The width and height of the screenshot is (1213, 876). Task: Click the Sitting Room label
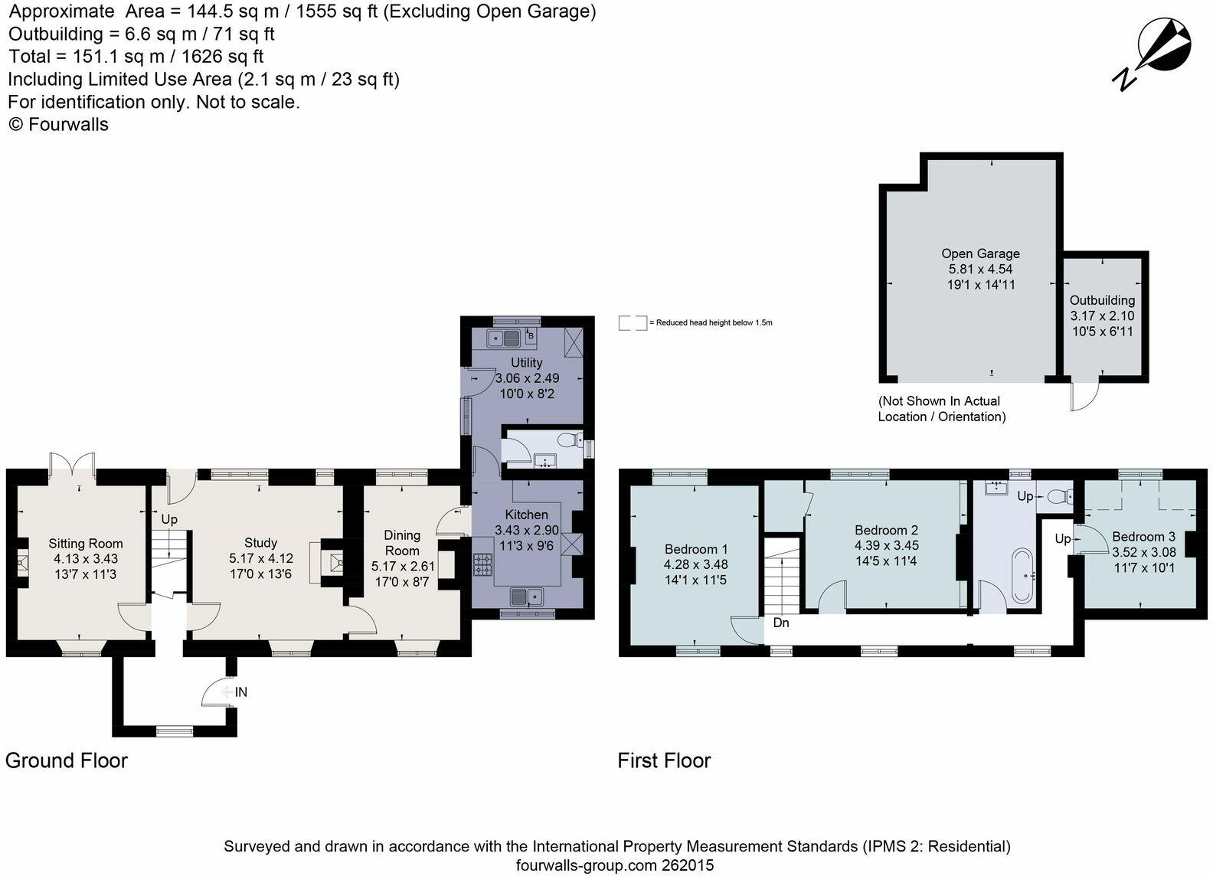point(86,544)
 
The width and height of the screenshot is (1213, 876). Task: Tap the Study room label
point(260,542)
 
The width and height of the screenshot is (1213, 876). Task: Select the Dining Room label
point(402,543)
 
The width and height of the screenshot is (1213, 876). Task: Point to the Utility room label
point(526,362)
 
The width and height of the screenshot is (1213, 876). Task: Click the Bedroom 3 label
point(1143,537)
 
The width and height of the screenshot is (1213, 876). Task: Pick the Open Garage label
point(981,253)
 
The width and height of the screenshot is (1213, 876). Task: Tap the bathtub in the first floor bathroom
point(1022,576)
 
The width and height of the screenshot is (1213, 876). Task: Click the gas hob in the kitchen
point(483,564)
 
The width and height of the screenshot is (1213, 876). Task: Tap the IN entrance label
point(241,692)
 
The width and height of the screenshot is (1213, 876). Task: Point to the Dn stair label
point(781,623)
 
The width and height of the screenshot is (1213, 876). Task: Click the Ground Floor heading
point(67,760)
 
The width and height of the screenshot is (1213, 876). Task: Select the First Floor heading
point(664,760)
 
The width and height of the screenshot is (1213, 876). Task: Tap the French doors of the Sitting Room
point(73,463)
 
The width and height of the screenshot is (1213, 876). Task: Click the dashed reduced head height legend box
point(633,322)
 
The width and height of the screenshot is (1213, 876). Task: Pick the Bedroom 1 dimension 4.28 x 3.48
point(696,564)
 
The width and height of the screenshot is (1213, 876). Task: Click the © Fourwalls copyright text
point(58,125)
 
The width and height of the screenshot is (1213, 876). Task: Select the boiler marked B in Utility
point(531,335)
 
